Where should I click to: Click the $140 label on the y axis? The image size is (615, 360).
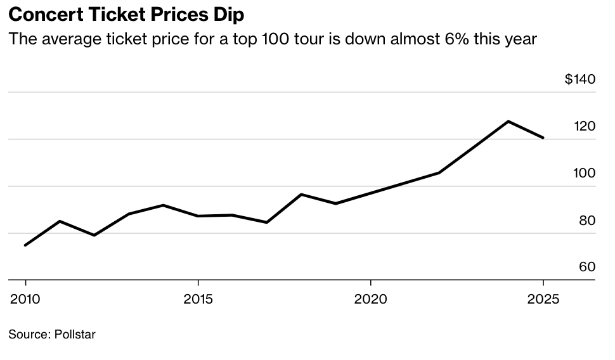point(579,79)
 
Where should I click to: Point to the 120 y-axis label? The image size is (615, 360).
point(585,126)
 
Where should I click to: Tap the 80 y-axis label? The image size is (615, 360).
point(586,221)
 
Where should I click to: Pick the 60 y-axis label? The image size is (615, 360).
point(586,267)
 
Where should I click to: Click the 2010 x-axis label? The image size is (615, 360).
point(25,299)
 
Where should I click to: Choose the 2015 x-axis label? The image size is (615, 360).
point(198,299)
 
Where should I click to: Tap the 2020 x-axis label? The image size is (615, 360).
point(371,299)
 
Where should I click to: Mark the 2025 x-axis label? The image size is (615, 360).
point(543,299)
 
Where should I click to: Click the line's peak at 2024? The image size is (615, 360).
point(508,121)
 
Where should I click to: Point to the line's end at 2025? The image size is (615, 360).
point(543,138)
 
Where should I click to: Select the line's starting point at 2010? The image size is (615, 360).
point(25,245)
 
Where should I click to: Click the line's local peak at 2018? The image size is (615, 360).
point(302,194)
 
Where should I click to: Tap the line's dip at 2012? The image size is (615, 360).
point(94,235)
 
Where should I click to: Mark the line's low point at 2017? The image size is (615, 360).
point(267,222)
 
